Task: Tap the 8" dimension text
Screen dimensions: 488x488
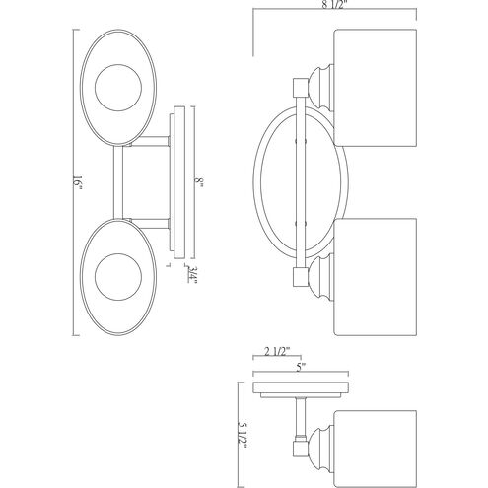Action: (199, 181)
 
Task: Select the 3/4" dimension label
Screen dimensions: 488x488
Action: (192, 274)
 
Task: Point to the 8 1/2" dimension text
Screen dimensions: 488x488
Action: (334, 6)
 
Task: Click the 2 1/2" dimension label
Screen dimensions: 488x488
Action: (277, 351)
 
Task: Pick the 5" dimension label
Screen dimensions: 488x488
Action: (301, 367)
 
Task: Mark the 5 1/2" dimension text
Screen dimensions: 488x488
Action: (242, 435)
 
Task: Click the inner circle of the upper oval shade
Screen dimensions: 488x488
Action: (118, 87)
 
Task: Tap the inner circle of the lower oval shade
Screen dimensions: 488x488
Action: (118, 277)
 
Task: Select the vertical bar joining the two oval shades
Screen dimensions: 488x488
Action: (118, 182)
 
